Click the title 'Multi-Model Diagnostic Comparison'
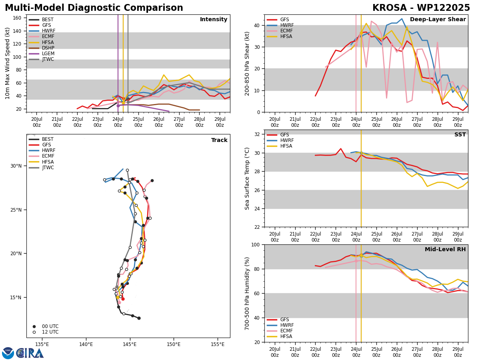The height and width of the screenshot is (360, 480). (x=94, y=8)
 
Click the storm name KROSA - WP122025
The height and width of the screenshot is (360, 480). (x=421, y=8)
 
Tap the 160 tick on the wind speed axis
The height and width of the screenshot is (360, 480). (x=17, y=18)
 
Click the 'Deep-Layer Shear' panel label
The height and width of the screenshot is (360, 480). (x=438, y=19)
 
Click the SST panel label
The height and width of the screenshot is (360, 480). (x=460, y=134)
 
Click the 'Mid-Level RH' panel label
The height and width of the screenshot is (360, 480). (x=445, y=249)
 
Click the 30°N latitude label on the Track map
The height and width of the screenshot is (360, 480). (x=16, y=166)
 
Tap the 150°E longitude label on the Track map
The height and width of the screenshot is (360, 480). (x=174, y=344)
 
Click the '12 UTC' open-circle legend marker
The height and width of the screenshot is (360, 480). (x=34, y=332)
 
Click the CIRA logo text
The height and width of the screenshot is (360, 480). (x=30, y=353)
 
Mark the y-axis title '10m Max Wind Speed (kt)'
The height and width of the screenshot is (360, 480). (x=7, y=63)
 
